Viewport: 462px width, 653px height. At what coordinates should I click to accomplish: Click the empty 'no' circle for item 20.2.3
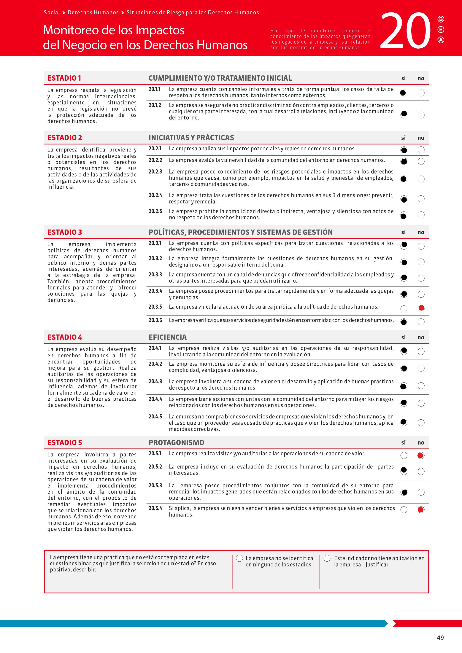(x=421, y=179)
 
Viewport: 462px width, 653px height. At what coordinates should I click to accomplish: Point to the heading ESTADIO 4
(x=65, y=337)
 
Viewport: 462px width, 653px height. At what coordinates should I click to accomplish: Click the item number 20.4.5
(x=155, y=417)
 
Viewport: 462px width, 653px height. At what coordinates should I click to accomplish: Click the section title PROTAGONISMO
(x=176, y=442)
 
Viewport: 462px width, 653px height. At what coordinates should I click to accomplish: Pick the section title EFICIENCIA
(x=168, y=337)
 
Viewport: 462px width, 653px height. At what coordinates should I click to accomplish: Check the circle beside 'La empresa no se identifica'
(x=239, y=558)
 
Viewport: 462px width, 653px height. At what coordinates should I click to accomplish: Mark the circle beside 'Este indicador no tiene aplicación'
(x=327, y=558)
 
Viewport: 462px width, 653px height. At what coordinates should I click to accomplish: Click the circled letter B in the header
(x=441, y=19)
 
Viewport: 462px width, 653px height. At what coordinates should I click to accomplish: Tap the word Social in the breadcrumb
(x=52, y=12)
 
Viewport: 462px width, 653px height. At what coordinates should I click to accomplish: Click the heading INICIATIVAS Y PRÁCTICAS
(x=191, y=138)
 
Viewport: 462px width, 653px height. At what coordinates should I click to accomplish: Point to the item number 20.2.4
(x=155, y=195)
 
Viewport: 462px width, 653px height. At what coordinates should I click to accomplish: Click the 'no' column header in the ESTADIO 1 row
(x=421, y=78)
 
